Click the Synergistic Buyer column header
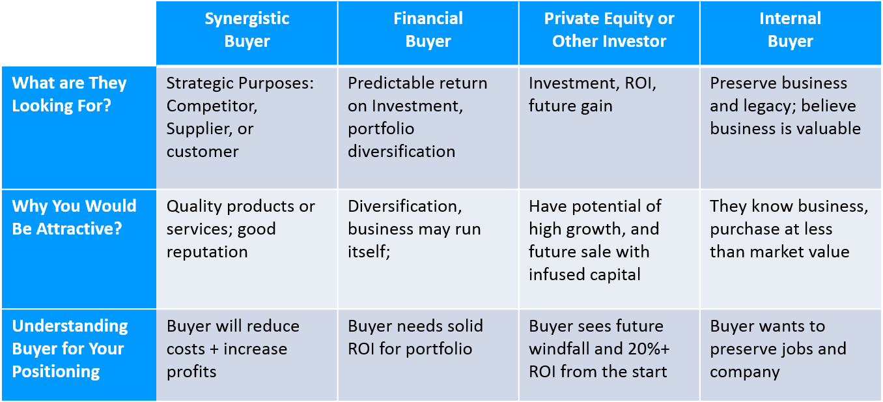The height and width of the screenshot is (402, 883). [247, 30]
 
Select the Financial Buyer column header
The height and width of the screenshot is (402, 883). [428, 30]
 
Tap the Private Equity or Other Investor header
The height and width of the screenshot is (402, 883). [609, 30]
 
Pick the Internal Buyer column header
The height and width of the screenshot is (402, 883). [790, 30]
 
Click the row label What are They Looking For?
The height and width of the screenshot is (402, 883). [69, 94]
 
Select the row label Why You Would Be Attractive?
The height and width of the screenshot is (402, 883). [74, 217]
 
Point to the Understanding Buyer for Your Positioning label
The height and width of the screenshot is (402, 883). [70, 349]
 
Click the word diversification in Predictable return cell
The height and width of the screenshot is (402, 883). [401, 152]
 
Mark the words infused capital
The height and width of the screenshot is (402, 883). [584, 275]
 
